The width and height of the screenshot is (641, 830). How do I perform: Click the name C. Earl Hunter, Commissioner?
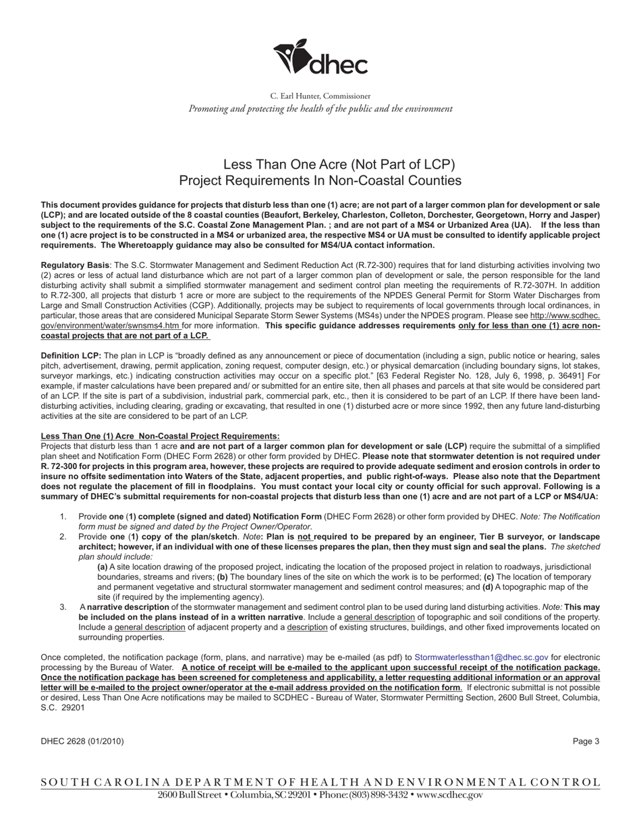pyautogui.click(x=320, y=96)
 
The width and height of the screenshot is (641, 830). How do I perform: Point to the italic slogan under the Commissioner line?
pyautogui.click(x=320, y=109)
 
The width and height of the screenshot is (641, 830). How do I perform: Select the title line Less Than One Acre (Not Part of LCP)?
pyautogui.click(x=339, y=165)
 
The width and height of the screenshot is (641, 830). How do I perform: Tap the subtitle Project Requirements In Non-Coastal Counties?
pyautogui.click(x=320, y=181)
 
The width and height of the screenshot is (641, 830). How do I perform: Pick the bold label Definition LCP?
pyautogui.click(x=71, y=356)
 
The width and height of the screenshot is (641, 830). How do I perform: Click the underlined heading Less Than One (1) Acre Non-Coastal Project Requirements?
pyautogui.click(x=160, y=437)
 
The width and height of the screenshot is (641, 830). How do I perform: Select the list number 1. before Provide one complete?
pyautogui.click(x=63, y=517)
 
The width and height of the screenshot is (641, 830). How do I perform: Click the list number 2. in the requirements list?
pyautogui.click(x=63, y=537)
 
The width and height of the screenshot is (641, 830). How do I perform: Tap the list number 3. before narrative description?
pyautogui.click(x=63, y=607)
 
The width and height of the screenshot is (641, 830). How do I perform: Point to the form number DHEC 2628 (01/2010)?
pyautogui.click(x=82, y=742)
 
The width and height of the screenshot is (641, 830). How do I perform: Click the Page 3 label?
pyautogui.click(x=586, y=742)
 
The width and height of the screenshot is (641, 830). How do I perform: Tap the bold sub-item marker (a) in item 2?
pyautogui.click(x=103, y=568)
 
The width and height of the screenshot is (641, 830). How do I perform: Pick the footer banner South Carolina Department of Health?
pyautogui.click(x=320, y=783)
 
